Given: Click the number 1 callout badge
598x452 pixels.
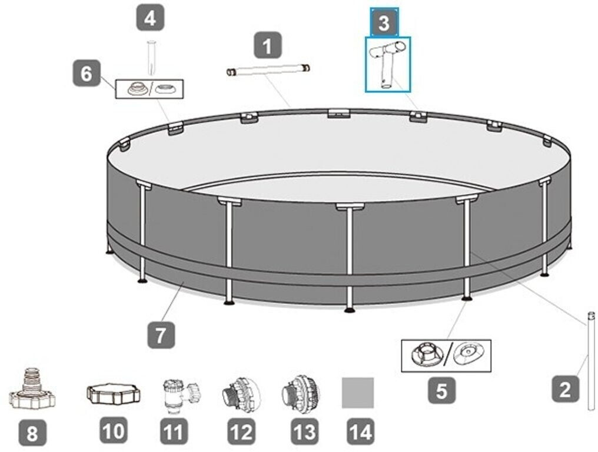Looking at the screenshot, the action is pos(268,45).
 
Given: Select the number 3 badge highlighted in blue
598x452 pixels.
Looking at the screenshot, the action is pos(384,23).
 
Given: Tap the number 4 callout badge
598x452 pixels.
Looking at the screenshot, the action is pos(151,17).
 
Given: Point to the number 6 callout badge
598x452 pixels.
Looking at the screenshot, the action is pos(87,73).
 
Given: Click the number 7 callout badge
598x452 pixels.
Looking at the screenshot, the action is pos(161,335).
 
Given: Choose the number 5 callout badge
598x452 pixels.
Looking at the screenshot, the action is pos(441,390).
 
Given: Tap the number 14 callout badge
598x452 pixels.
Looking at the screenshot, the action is pos(361,431).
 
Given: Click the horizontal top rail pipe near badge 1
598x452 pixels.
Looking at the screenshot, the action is pos(268,71).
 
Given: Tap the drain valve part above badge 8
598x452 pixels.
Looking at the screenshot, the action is pos(32,390).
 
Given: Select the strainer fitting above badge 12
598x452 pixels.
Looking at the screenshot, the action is pos(241,395).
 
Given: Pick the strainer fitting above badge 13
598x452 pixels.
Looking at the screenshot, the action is pos(301,395).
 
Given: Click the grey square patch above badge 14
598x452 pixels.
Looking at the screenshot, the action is pos(358,393).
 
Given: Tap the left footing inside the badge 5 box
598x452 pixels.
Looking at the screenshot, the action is pos(427,355).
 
